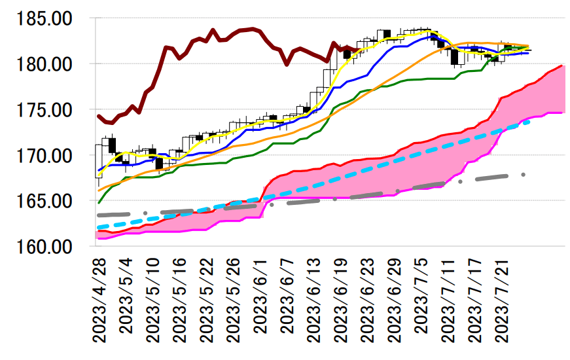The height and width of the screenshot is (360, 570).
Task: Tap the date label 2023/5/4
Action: [127, 294]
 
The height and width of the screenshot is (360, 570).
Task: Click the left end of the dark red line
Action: [98, 116]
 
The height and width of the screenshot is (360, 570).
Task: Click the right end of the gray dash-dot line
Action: [524, 175]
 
